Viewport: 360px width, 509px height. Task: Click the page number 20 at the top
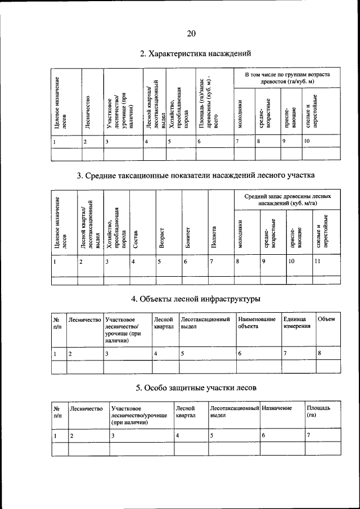(x=191, y=34)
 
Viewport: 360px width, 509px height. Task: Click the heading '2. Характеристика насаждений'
(x=195, y=54)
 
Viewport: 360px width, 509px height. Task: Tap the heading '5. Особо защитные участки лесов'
(x=195, y=388)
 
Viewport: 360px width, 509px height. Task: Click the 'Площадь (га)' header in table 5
(x=314, y=411)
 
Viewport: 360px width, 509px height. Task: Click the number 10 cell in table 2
(x=307, y=141)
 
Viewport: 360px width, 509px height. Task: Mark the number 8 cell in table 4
(x=319, y=353)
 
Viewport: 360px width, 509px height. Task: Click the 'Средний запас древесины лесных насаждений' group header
(x=287, y=200)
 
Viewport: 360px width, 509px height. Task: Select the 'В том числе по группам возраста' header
(x=287, y=79)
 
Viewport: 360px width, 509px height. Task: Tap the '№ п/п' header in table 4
(x=57, y=322)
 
